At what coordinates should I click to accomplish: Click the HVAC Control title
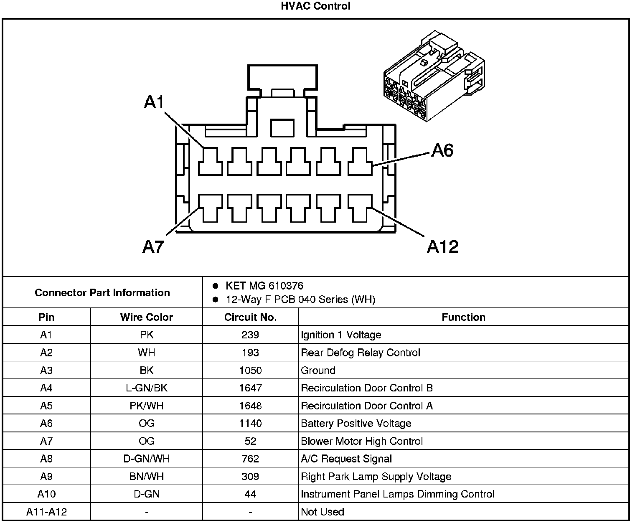[315, 6]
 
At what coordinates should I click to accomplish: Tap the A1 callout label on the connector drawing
[154, 102]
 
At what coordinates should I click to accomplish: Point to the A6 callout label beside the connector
[442, 150]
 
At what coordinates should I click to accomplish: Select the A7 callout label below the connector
[152, 247]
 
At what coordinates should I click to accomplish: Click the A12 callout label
[442, 247]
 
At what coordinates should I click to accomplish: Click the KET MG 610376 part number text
[264, 286]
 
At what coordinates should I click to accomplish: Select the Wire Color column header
[146, 317]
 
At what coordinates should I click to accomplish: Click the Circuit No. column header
[250, 317]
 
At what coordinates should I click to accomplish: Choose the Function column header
[463, 317]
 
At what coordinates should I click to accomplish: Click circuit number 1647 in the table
[250, 388]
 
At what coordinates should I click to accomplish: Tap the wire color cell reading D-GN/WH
[146, 459]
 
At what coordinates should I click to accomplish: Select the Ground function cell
[318, 371]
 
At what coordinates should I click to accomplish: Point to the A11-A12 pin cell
[46, 512]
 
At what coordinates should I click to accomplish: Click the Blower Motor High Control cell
[362, 442]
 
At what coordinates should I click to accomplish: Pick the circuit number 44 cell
[250, 495]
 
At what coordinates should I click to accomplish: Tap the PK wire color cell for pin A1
[146, 335]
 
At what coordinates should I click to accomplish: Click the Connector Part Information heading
[102, 292]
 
